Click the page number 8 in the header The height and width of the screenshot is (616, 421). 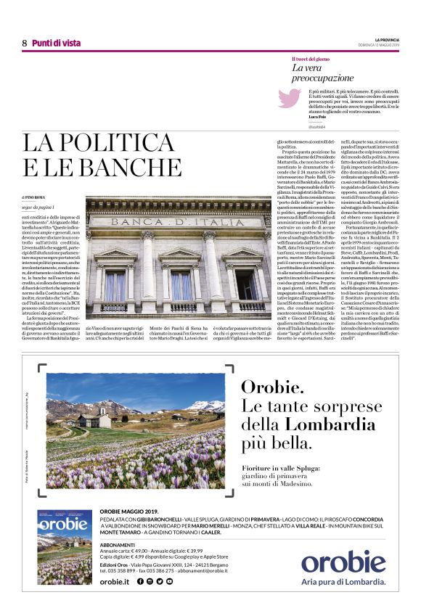tap(24, 43)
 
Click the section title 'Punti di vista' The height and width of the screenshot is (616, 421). tap(52, 43)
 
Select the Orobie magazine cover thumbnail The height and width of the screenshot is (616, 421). tap(65, 557)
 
